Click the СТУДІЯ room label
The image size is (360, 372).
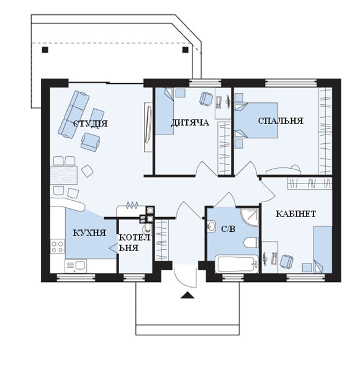[90, 123]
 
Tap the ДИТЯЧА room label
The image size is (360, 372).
[190, 123]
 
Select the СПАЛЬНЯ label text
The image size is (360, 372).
[281, 121]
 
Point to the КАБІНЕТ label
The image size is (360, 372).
[295, 214]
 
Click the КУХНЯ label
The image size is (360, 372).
[89, 232]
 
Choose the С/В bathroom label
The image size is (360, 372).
[228, 229]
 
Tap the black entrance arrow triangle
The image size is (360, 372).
[187, 295]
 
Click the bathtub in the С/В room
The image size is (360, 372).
[236, 264]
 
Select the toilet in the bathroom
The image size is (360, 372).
[251, 242]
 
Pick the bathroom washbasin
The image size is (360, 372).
[211, 226]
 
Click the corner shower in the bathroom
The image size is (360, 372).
[250, 217]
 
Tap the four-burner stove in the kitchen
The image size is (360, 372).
[57, 247]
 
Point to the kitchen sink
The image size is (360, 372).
[76, 265]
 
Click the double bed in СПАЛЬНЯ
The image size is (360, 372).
[256, 120]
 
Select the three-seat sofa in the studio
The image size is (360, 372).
[74, 114]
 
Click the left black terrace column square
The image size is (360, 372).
[45, 50]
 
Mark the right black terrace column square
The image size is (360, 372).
[185, 50]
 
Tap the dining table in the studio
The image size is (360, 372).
[64, 175]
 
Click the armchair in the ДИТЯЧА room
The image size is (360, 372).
[206, 99]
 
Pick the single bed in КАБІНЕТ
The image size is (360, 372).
[323, 250]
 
